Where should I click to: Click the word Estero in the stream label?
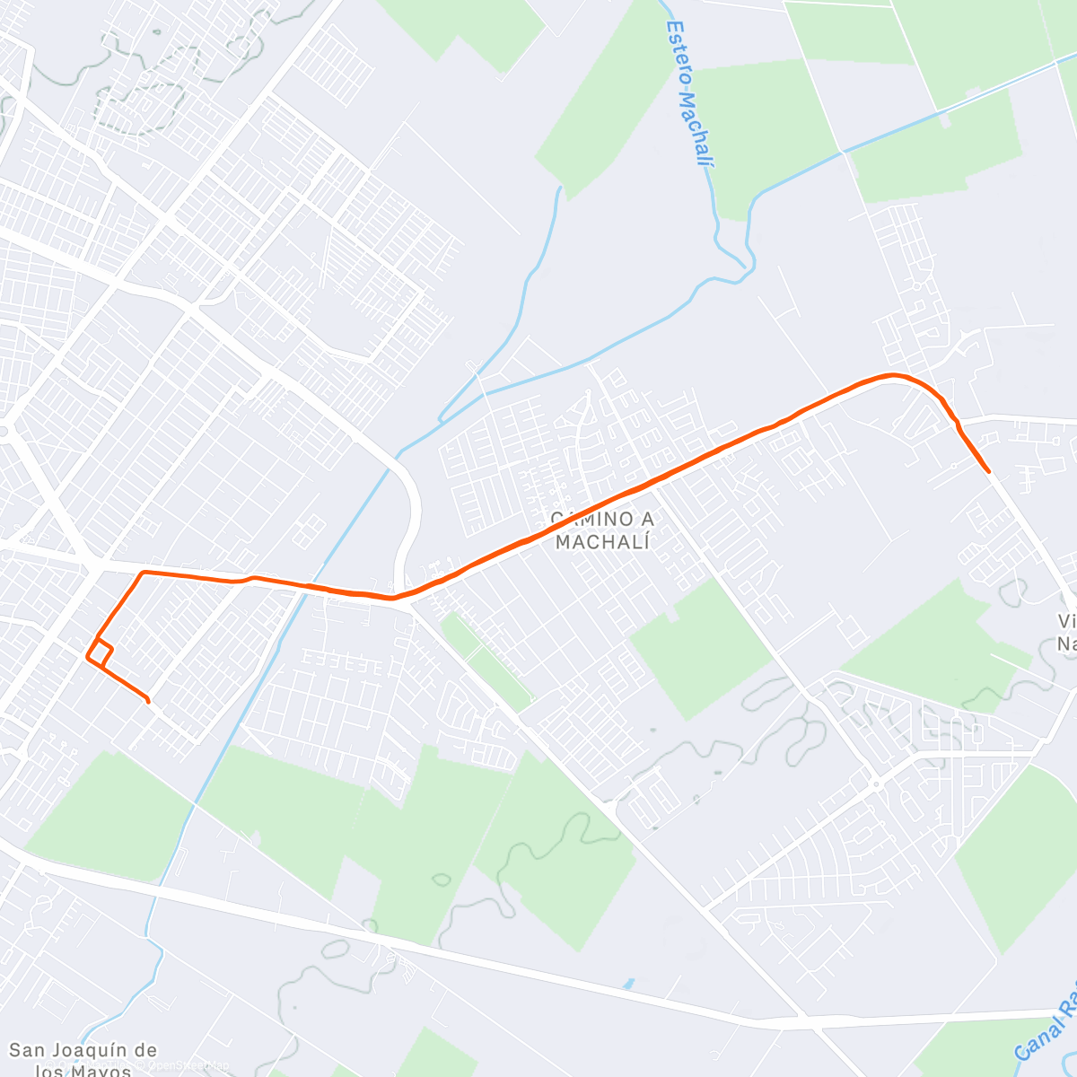tap(679, 52)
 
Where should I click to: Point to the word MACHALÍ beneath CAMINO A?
tap(601, 541)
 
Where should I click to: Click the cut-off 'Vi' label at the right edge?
tap(1066, 621)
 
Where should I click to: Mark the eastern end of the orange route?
tap(988, 471)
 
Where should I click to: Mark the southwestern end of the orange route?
tap(147, 700)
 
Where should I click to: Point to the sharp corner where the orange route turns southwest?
tap(143, 572)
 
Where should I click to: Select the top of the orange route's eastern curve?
tap(890, 375)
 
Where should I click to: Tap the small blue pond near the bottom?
tap(628, 984)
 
